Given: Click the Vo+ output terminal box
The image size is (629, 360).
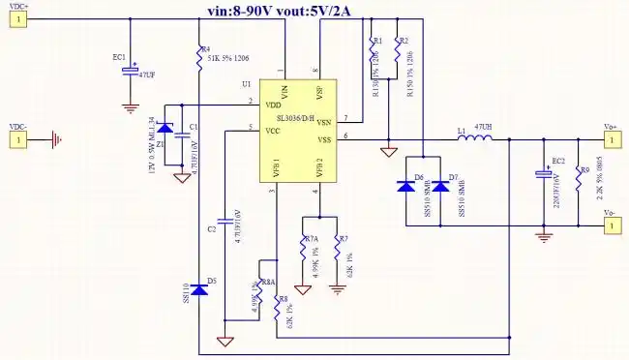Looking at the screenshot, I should [x=611, y=140].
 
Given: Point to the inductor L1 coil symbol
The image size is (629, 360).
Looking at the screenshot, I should [x=474, y=140].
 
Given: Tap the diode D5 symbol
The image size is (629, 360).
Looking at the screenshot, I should [x=198, y=288].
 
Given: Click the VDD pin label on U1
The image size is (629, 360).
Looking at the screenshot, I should [x=274, y=104].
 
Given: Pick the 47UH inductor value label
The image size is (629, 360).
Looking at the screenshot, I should [x=481, y=127].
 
